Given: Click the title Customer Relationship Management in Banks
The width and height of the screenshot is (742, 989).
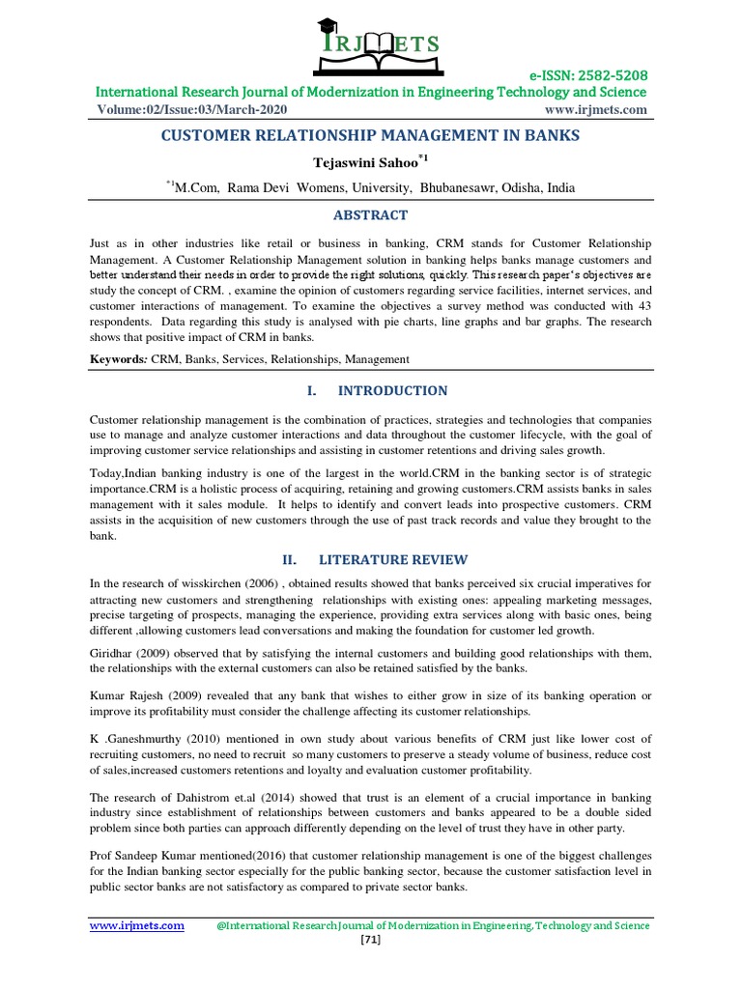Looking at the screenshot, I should point(371,136).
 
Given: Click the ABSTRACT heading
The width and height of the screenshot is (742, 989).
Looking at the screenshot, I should point(371,215).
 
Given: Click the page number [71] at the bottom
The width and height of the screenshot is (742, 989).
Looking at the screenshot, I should point(371,942).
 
